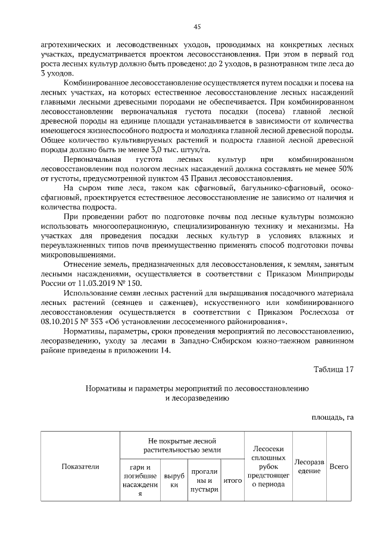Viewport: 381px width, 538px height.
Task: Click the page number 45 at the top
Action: pyautogui.click(x=197, y=27)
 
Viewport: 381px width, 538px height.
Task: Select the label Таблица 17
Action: pyautogui.click(x=333, y=369)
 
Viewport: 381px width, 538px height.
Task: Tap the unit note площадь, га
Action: pyautogui.click(x=333, y=417)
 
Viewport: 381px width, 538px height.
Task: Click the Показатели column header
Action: pyautogui.click(x=80, y=467)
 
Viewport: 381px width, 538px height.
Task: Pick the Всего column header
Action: pyautogui.click(x=339, y=467)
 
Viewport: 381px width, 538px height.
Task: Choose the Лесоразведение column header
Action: pyautogui.click(x=309, y=467)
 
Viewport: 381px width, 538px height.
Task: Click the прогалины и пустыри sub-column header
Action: pyautogui.click(x=201, y=480)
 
